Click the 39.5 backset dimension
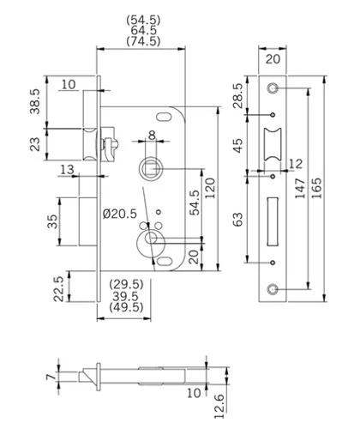pyautogui.click(x=126, y=295)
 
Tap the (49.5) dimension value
pyautogui.click(x=126, y=307)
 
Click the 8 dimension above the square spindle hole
pyautogui.click(x=150, y=134)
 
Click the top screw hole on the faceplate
pyautogui.click(x=273, y=88)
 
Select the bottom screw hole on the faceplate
pyautogui.click(x=273, y=290)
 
